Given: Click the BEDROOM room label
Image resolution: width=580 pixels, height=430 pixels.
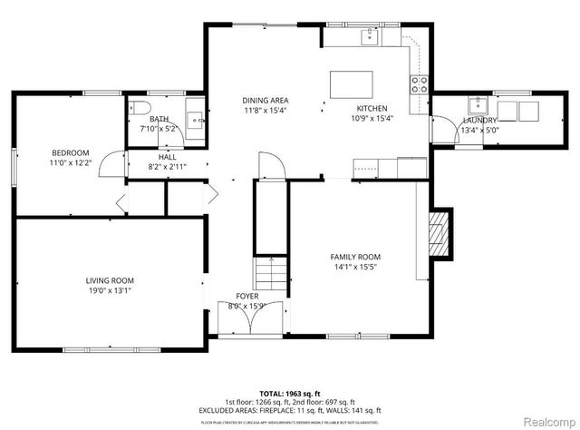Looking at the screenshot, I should point(69,151).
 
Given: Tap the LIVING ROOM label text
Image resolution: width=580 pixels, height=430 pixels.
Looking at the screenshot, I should point(110,280).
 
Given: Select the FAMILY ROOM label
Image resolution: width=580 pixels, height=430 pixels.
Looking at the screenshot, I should point(354,257).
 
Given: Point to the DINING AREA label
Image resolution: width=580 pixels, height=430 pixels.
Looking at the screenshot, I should point(265,100).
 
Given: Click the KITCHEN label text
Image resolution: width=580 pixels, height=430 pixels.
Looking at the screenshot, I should point(372,108).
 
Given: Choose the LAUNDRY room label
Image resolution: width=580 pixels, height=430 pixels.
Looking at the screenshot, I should point(479,120).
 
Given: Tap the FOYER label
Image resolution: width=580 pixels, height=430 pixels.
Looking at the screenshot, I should point(247,296).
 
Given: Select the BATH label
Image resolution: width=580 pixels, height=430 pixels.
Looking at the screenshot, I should point(159,119).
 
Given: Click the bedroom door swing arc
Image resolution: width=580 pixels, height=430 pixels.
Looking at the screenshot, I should point(109,163).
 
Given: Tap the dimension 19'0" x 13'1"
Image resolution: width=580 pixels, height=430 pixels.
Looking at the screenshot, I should point(110,291).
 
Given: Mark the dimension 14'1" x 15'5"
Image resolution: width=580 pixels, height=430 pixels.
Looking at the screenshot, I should point(354,268).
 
